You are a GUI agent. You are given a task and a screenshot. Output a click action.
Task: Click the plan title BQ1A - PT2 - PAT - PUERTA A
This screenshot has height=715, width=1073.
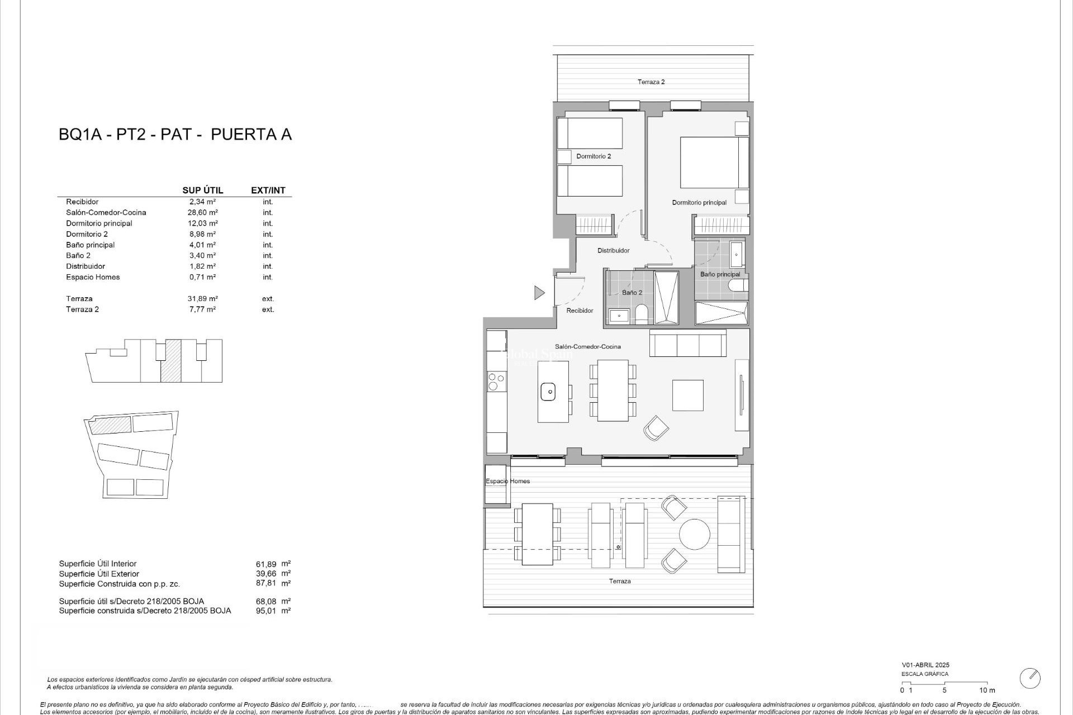tap(175, 135)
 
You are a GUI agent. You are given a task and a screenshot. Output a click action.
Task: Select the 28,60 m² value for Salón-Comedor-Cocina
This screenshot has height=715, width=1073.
tap(202, 212)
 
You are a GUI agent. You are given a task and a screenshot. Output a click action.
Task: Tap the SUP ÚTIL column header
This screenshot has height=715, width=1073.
tap(202, 190)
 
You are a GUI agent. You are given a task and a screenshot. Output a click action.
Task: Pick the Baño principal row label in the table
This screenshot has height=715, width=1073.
tap(90, 245)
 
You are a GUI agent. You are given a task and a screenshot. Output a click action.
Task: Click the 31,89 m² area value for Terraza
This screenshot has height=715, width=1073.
tap(202, 298)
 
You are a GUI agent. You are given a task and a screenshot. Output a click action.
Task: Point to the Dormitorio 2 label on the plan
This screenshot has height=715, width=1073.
tap(594, 156)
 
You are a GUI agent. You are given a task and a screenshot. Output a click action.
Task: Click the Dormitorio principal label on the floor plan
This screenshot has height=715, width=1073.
tap(699, 203)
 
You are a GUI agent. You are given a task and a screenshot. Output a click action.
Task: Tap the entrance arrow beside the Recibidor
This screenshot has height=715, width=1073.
tap(539, 292)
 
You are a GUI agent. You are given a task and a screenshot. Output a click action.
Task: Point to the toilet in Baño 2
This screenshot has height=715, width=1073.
tap(642, 316)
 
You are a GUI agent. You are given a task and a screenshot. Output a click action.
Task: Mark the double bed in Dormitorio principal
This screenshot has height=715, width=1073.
tap(714, 162)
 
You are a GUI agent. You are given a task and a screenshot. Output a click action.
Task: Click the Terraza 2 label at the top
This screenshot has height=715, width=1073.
tap(651, 82)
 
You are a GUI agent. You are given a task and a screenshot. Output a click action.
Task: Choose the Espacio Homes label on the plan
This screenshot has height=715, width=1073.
tap(507, 481)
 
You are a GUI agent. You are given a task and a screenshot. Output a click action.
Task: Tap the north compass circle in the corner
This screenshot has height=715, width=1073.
tap(1030, 678)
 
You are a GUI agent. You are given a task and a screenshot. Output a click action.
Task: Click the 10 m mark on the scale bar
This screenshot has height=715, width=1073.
tap(987, 690)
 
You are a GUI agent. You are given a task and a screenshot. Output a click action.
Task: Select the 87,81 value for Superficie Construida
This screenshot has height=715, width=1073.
tap(265, 583)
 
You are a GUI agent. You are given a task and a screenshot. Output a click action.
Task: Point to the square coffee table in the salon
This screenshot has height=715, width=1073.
tap(687, 395)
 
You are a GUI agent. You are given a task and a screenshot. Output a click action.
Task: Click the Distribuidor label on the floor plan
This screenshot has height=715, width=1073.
tap(613, 251)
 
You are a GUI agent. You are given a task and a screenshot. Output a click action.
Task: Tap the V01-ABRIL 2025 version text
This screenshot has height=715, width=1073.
tap(925, 665)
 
